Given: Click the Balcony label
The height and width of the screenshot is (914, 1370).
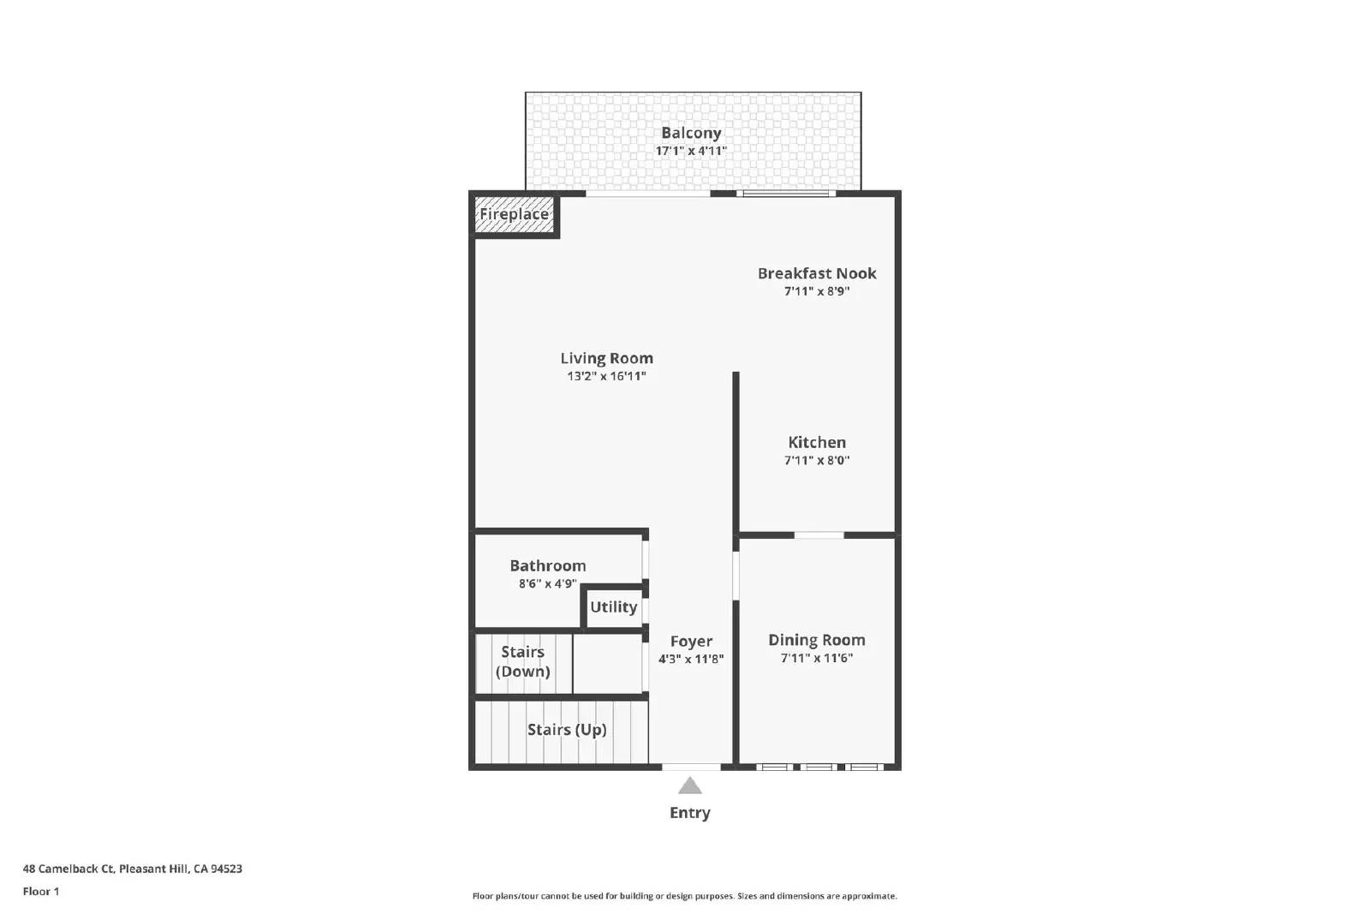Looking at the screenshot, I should point(691,133).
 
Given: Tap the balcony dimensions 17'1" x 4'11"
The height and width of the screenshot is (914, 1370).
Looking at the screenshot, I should point(691,151).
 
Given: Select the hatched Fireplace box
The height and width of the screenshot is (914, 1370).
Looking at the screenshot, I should point(514,214).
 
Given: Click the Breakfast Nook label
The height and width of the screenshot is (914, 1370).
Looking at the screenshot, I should point(816,273).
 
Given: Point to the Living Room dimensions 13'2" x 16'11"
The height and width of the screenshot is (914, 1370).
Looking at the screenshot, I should point(606,376).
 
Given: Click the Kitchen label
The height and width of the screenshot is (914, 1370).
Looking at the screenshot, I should point(816,442).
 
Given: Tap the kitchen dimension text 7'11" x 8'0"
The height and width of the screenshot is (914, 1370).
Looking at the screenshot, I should point(816,460).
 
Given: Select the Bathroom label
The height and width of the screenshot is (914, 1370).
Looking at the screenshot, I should point(547,565).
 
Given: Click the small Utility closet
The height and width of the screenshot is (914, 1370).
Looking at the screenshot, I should point(613,607).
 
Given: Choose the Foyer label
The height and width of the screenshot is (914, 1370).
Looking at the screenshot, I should point(691,641).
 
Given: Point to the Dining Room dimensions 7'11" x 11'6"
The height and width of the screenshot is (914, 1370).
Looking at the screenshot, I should point(816,658).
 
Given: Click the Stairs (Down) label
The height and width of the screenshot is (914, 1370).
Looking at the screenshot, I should point(522,661).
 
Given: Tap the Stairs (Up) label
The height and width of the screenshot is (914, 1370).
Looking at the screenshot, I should point(566,729).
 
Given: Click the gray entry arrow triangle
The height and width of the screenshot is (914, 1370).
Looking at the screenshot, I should point(690,786).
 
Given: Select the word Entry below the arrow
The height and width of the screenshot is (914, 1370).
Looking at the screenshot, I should point(690,813).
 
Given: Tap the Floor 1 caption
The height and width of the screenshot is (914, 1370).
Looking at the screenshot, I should point(41,892).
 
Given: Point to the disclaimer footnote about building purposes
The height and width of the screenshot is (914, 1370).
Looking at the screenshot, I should point(684,896).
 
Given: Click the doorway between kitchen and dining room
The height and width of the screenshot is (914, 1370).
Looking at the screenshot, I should point(819,535).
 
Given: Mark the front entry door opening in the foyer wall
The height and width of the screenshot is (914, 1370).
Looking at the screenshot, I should point(691,767).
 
